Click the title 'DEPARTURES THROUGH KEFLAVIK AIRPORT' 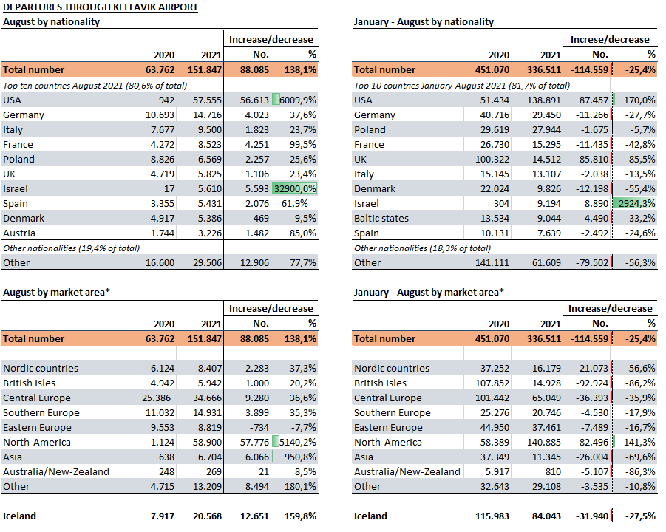[x=101, y=7]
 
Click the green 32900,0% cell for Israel [x=295, y=188]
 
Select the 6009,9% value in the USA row [x=297, y=100]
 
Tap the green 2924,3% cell [x=636, y=203]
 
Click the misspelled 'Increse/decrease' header [x=610, y=39]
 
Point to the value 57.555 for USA [x=207, y=100]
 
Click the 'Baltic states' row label [x=381, y=218]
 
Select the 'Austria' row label [x=19, y=233]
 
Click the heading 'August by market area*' [x=56, y=292]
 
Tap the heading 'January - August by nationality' [x=424, y=21]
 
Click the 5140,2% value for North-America [x=297, y=442]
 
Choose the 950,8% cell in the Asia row [x=300, y=457]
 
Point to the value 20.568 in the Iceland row [x=207, y=516]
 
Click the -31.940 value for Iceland [x=591, y=516]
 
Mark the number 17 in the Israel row [x=169, y=188]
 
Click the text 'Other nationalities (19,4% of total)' [x=72, y=248]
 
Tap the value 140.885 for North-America [x=544, y=442]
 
